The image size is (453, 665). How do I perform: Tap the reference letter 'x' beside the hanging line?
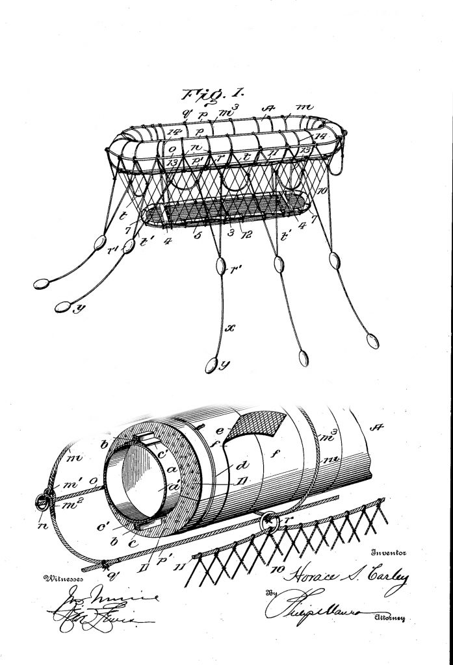click(229, 329)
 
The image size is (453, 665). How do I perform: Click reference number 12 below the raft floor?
click(246, 233)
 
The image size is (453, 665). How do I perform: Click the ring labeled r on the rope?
click(267, 521)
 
